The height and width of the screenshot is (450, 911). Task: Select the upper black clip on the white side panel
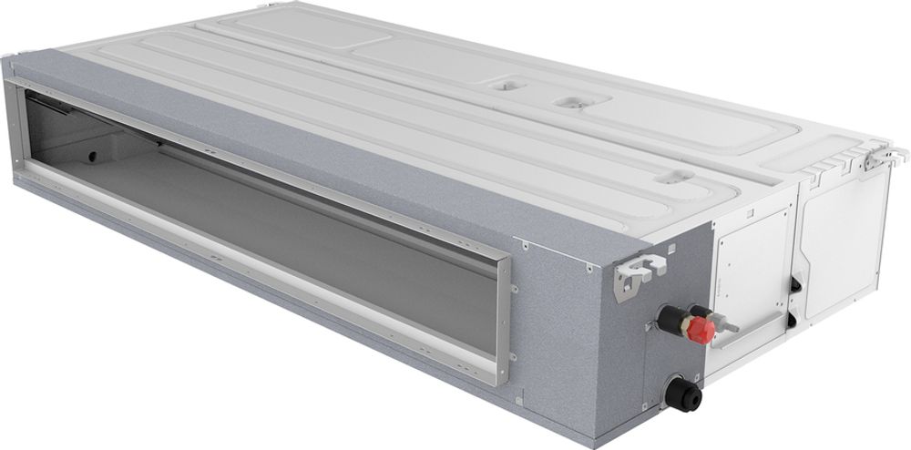click(796, 283)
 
